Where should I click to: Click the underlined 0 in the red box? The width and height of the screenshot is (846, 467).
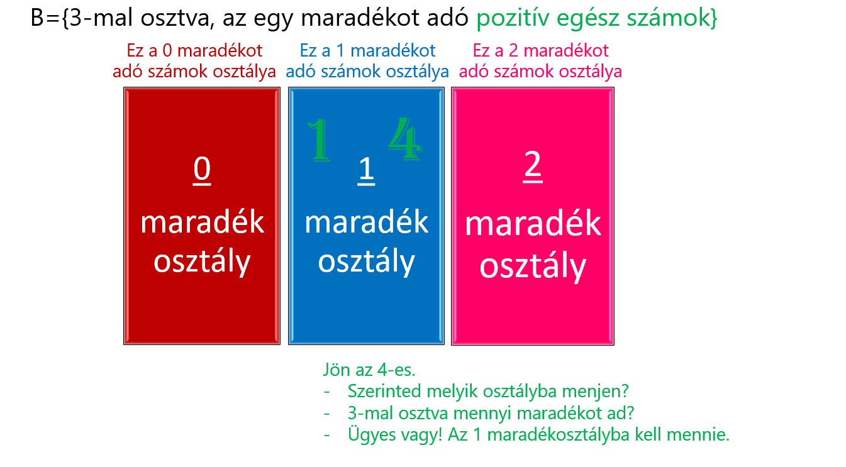tap(202, 170)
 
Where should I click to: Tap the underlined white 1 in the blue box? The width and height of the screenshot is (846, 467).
tap(366, 170)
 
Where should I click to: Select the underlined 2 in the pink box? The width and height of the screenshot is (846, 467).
tap(533, 166)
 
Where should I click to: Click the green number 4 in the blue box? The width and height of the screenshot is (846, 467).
tap(405, 138)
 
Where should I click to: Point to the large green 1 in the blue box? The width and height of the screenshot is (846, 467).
tap(319, 140)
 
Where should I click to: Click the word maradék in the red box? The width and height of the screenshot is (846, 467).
tap(202, 223)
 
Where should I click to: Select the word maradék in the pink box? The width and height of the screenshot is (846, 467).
tap(533, 224)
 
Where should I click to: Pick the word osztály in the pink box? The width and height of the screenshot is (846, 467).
tap(533, 266)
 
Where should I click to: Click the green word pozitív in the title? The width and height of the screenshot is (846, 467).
tap(513, 18)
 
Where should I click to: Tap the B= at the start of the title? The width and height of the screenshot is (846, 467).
tap(46, 18)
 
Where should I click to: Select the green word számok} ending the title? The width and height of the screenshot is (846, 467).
tap(672, 18)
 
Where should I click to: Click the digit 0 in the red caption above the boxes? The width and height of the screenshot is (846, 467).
tap(167, 50)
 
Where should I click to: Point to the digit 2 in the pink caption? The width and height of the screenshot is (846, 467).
tap(513, 50)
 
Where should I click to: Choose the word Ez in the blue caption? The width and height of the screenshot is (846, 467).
tap(308, 50)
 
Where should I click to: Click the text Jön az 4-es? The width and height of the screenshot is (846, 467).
tap(369, 370)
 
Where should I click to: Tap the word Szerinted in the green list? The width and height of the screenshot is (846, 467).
tap(385, 391)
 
